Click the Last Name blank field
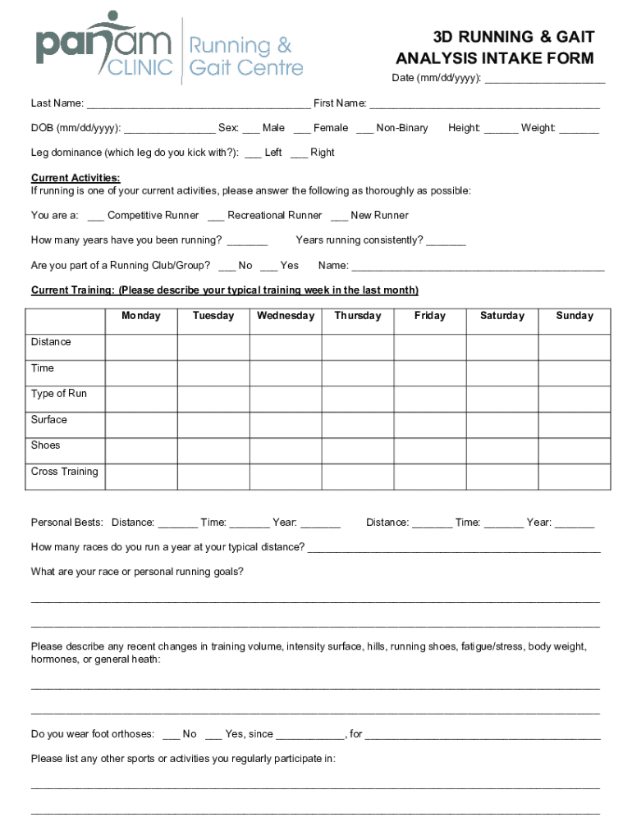(x=198, y=103)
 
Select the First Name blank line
(x=484, y=103)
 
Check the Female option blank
(x=301, y=128)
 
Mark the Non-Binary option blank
(x=364, y=128)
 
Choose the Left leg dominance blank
(x=253, y=153)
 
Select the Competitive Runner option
(x=95, y=216)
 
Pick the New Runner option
(x=339, y=216)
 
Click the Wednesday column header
(x=286, y=316)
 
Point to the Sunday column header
(x=575, y=316)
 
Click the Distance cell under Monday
(x=141, y=348)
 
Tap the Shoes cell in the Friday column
(x=430, y=450)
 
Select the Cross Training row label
(x=65, y=472)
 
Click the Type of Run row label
(x=59, y=394)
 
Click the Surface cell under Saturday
(x=502, y=425)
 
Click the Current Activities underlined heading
(x=76, y=178)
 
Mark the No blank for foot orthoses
(x=172, y=735)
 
